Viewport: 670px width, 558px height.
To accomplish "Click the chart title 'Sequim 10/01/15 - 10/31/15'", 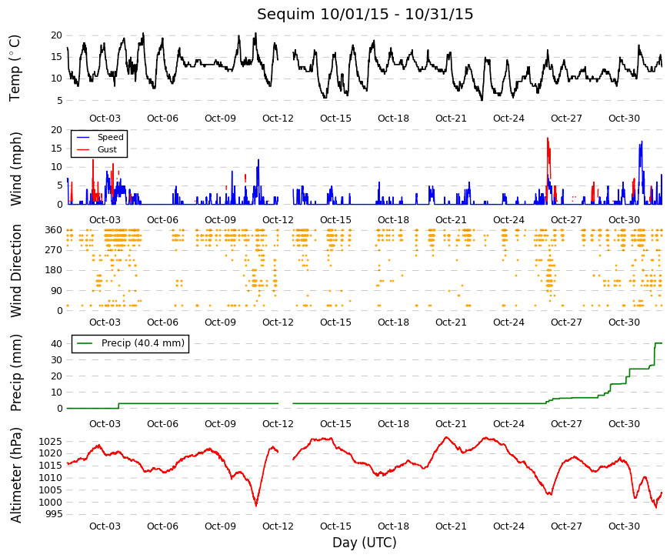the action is (x=365, y=14).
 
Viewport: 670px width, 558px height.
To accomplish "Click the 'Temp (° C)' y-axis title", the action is (x=15, y=68).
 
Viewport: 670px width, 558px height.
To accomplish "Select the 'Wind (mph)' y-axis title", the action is (x=15, y=169).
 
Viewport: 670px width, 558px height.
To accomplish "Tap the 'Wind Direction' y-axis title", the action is (x=15, y=271).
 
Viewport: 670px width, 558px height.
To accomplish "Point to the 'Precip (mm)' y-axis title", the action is (x=15, y=373).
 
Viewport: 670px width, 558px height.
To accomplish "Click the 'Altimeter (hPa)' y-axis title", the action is (x=15, y=475).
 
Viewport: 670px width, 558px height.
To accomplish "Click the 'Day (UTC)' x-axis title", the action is (x=365, y=543).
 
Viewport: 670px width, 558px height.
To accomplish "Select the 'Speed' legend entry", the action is (x=110, y=137).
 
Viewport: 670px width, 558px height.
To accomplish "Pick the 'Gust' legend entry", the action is (x=107, y=149).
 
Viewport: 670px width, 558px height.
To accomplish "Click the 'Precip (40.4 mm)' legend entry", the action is (x=143, y=343).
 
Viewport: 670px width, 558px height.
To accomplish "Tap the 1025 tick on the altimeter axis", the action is (x=51, y=441).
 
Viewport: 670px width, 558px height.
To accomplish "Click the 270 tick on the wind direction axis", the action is (x=53, y=250).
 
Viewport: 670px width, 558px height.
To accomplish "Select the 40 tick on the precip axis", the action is (x=56, y=344).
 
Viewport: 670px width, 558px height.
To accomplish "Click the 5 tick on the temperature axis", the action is (x=59, y=101).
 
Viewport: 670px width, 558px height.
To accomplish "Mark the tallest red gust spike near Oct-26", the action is (x=548, y=138).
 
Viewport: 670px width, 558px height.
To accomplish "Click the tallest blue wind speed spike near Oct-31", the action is (x=642, y=142).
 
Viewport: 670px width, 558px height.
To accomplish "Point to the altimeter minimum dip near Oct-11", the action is (x=256, y=506).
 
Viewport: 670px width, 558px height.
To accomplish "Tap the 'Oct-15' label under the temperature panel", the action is (x=335, y=119).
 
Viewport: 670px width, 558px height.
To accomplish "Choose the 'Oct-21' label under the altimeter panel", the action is (x=451, y=526).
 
